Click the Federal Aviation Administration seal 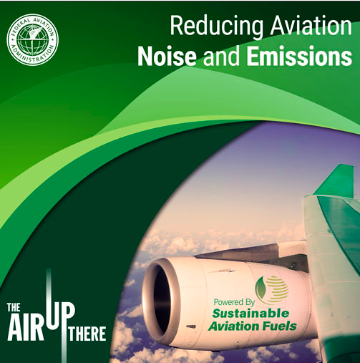33,39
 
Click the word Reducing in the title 216,26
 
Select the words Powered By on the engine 234,302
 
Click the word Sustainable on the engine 250,314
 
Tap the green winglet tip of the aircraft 336,180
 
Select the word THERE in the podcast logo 87,334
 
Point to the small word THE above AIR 14,307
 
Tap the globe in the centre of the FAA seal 33,39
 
